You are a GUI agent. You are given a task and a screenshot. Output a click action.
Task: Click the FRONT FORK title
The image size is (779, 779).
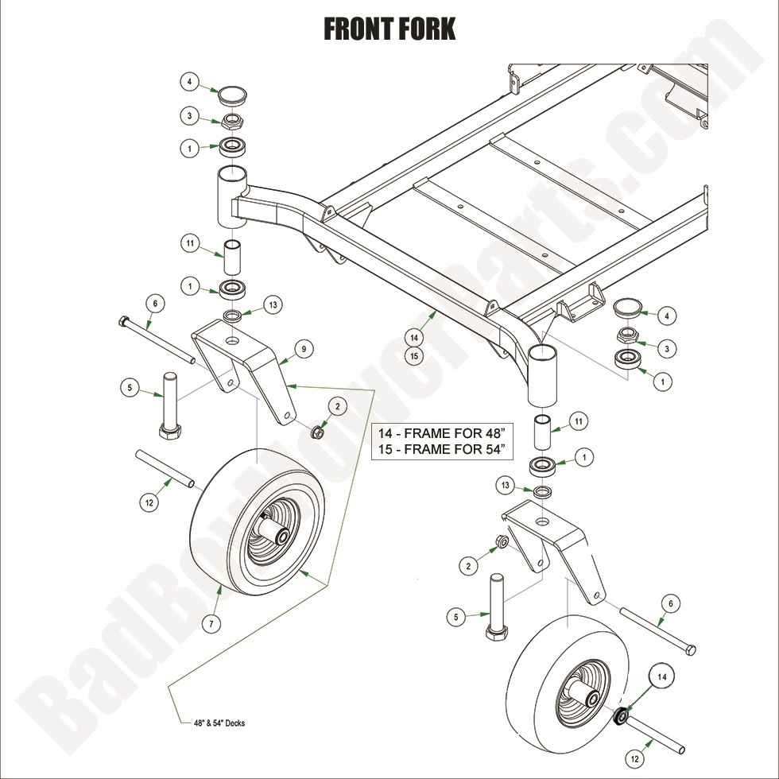tap(389, 29)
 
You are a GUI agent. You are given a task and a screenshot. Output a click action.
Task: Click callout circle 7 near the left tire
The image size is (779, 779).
tap(211, 624)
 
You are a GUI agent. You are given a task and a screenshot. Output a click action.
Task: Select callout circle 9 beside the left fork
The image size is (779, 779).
tap(303, 348)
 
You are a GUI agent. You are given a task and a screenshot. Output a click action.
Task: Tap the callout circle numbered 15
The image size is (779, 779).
tap(413, 356)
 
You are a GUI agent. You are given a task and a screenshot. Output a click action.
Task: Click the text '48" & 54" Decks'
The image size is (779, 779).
tap(219, 723)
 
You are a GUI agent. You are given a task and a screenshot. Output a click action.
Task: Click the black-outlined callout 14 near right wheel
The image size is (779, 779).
tap(663, 676)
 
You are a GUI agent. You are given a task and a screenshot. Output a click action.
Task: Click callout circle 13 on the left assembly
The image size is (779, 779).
tap(273, 305)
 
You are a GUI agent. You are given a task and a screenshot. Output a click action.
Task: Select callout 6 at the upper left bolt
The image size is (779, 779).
tap(155, 303)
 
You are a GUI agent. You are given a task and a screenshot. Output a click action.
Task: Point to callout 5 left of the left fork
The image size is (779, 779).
tap(130, 388)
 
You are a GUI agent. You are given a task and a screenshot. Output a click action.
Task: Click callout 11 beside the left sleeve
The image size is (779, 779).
tap(190, 244)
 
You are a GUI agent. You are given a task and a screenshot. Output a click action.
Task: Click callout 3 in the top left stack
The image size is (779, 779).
tap(189, 117)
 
